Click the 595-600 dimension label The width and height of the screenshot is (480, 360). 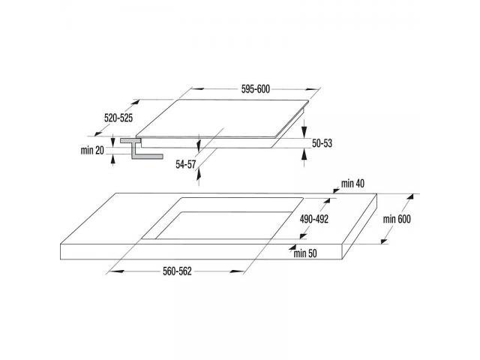[256, 89]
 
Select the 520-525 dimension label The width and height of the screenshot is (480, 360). [118, 118]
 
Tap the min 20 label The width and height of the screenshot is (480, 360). [92, 150]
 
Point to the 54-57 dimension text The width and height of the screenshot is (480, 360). [185, 164]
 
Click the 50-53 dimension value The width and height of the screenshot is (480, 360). [322, 143]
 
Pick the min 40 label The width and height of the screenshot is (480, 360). [352, 184]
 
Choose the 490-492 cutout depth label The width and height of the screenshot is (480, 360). [314, 219]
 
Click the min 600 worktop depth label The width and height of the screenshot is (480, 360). [397, 219]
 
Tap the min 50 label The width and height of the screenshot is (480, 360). [305, 253]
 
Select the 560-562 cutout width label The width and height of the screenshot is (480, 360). [177, 271]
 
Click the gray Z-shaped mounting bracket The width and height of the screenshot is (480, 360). [141, 148]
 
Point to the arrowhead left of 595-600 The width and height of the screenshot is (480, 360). [198, 89]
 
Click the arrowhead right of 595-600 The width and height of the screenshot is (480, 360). [312, 89]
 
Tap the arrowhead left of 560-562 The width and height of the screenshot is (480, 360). [117, 271]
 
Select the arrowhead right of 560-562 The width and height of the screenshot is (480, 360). [237, 271]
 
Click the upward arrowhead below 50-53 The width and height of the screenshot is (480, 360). [304, 154]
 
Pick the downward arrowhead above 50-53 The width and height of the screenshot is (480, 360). [304, 132]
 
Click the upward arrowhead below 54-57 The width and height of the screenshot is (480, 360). [199, 174]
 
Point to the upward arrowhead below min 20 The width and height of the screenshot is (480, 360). [113, 159]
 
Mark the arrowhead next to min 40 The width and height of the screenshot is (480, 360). [337, 190]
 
